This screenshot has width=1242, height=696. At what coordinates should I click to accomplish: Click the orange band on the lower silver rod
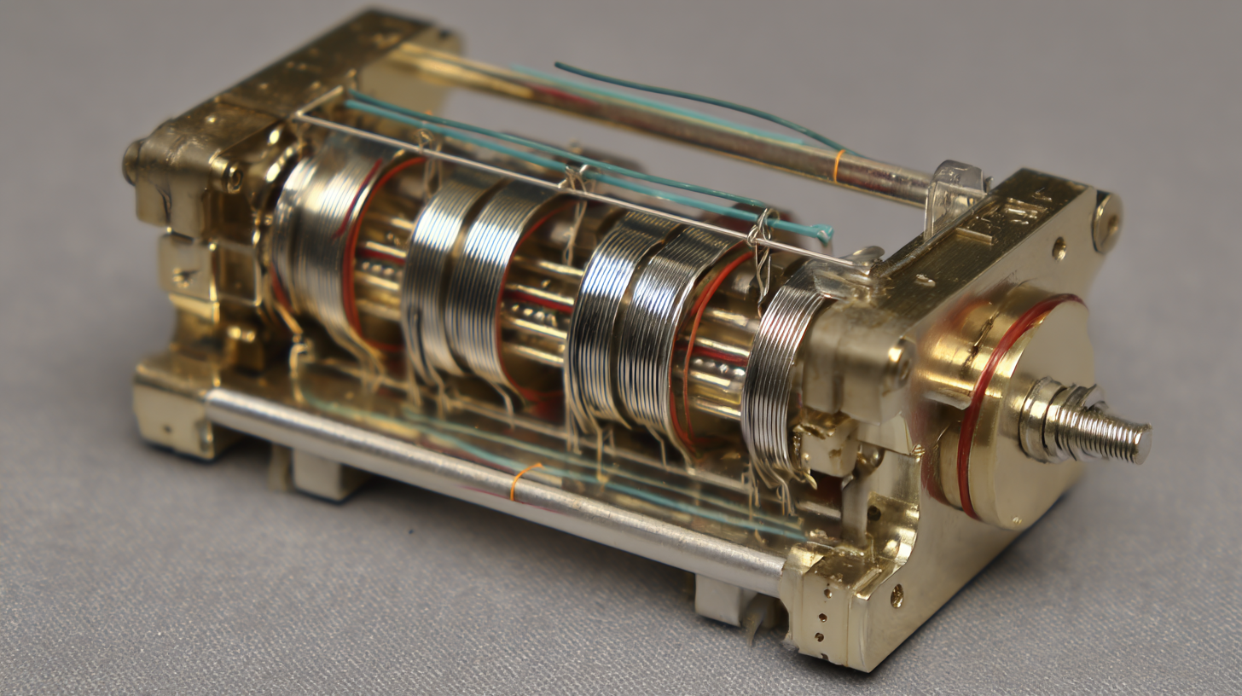[x=521, y=480]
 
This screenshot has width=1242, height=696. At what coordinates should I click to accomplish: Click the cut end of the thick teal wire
[x=824, y=231]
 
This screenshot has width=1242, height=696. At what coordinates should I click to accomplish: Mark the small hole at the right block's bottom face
[x=896, y=594]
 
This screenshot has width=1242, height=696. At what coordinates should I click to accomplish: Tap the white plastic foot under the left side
[x=316, y=474]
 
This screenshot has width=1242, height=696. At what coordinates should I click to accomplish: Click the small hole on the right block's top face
[x=1059, y=248]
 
